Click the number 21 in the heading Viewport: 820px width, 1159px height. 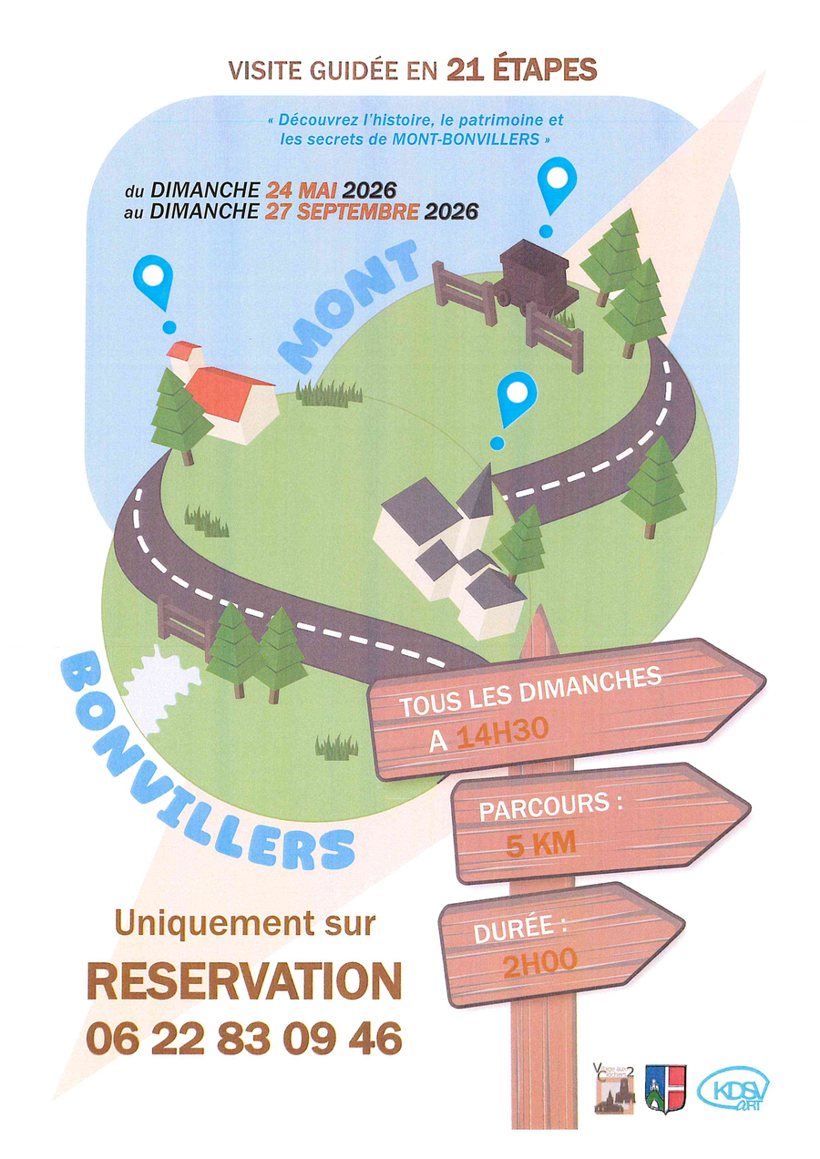[x=466, y=70]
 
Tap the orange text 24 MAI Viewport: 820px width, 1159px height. [x=301, y=190]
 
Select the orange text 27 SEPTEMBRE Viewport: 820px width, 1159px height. [x=342, y=211]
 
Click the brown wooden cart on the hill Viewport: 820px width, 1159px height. [x=536, y=277]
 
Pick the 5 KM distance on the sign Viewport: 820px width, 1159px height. [x=540, y=845]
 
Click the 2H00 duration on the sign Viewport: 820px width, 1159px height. [x=539, y=962]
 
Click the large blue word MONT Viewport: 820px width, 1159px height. [x=348, y=306]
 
